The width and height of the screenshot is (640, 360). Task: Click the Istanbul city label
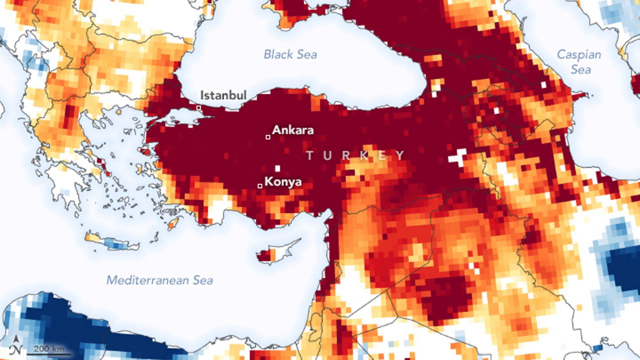(223, 95)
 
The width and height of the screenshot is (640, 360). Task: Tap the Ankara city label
(293, 130)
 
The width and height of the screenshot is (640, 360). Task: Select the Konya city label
(283, 181)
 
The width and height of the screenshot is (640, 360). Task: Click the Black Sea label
(290, 54)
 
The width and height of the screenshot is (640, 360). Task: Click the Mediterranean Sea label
(159, 280)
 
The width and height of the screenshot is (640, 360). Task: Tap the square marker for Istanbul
(198, 108)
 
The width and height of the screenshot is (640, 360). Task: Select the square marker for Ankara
(268, 137)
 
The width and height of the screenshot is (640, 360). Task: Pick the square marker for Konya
(259, 186)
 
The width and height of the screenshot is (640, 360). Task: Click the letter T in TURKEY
(310, 156)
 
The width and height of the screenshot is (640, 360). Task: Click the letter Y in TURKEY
(400, 156)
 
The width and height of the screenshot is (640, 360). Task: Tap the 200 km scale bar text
(48, 348)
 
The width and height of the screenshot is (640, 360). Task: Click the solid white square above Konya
(277, 168)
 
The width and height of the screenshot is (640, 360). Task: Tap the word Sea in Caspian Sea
(581, 69)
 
